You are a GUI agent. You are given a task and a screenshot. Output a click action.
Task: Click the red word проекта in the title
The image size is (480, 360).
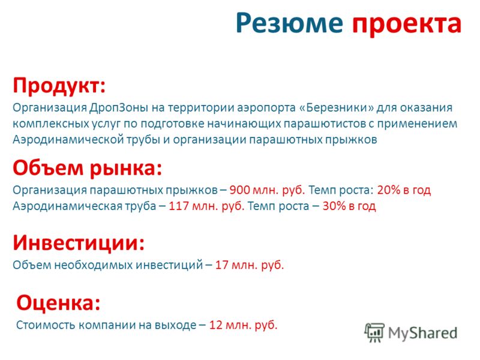click(x=407, y=25)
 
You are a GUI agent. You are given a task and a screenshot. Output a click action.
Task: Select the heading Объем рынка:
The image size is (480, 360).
click(x=87, y=169)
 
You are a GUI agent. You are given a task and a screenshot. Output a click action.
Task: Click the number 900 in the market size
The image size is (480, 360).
click(x=239, y=190)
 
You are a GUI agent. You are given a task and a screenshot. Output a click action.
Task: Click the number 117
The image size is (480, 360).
click(x=178, y=206)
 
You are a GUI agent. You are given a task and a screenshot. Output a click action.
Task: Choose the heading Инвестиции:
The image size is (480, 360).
click(x=79, y=243)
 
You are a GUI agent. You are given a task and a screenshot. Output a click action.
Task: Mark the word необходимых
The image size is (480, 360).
click(x=95, y=265)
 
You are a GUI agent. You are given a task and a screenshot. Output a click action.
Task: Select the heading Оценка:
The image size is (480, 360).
click(x=58, y=303)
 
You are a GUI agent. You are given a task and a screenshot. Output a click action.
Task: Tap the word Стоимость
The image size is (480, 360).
click(x=46, y=325)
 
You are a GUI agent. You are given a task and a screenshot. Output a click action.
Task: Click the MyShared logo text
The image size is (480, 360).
click(x=422, y=333)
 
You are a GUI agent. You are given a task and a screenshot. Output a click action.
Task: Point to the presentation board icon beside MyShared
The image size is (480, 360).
click(x=374, y=332)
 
